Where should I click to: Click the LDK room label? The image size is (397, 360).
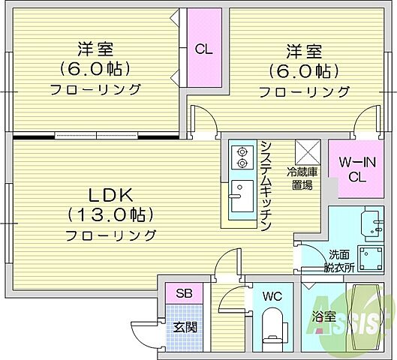click(x=110, y=195)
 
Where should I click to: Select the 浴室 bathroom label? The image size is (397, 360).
click(x=324, y=317)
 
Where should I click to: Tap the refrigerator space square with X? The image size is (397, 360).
click(x=308, y=152)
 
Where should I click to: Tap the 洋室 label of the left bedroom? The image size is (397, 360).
click(x=95, y=49)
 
